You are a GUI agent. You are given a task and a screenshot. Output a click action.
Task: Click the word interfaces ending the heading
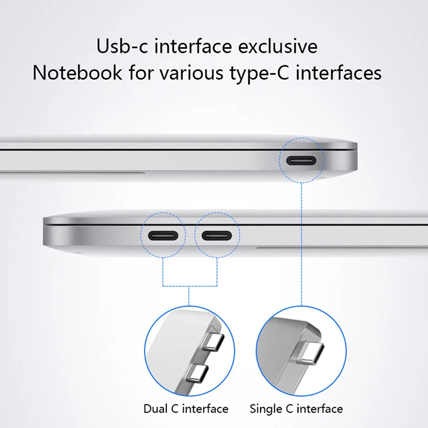pyautogui.click(x=343, y=72)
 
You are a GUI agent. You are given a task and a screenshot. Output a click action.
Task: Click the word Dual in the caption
pyautogui.click(x=156, y=409)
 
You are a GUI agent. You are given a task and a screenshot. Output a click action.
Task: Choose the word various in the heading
pyautogui.click(x=186, y=72)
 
